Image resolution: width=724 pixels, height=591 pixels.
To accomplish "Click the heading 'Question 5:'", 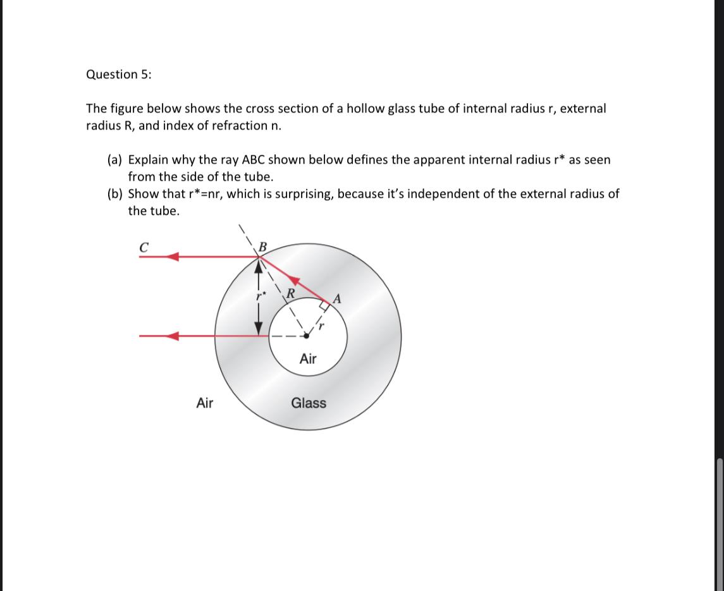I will (x=118, y=75).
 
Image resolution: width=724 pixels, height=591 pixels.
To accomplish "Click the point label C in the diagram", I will (x=144, y=247).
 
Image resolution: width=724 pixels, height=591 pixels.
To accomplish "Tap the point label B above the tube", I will (x=263, y=245).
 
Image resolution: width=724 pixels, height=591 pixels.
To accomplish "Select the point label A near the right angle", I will (x=337, y=299).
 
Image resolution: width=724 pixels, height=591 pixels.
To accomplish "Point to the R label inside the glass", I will (x=291, y=293).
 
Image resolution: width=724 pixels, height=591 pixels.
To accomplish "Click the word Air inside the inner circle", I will (x=308, y=359).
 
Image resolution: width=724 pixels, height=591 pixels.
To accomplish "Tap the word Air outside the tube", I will (x=205, y=403).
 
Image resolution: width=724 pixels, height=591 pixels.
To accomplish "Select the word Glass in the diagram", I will (x=309, y=403).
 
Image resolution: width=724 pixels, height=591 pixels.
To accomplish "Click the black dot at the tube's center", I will (x=307, y=336).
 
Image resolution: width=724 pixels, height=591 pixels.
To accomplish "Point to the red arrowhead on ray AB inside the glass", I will (x=293, y=281).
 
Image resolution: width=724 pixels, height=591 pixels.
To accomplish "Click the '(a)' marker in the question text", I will (x=114, y=160).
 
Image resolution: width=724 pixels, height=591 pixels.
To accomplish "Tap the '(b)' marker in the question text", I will (x=114, y=194).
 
